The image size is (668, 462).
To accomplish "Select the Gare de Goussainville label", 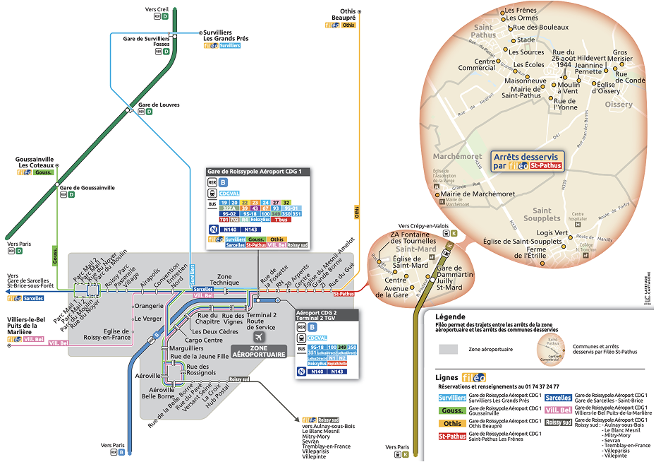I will point(87,188).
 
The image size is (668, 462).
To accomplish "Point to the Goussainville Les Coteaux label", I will point(35,162).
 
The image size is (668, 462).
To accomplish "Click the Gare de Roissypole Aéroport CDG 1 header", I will point(255,172).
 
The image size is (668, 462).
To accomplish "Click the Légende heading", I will point(451,316).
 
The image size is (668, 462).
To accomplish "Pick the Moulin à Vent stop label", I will point(568,88).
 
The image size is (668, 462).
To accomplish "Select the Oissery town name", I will point(619,104).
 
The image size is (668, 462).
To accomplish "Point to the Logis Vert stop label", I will point(552,232).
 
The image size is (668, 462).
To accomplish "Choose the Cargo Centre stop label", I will point(204,340).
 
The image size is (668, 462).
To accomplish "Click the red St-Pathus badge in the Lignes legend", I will point(453,437).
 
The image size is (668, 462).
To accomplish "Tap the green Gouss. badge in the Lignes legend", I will point(453,410).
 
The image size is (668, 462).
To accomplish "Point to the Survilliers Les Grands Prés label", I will point(226,35).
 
